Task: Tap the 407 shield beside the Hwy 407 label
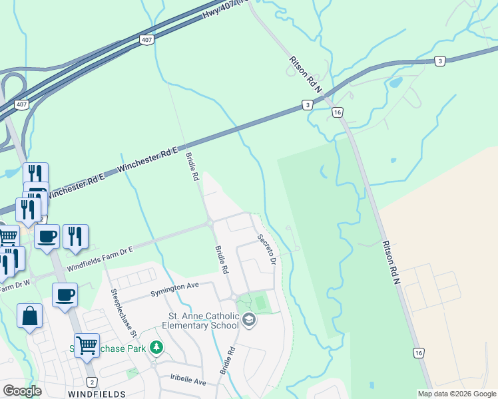point(147,41)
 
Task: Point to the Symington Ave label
point(174,285)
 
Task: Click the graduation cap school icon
point(249,320)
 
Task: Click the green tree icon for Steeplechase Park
point(156,347)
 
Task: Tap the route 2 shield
point(92,382)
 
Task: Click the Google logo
point(22,391)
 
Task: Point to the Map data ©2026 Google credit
point(457,394)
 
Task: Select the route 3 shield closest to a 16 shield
point(307,104)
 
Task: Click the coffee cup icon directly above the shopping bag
point(65,295)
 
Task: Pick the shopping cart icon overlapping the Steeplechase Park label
point(87,345)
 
